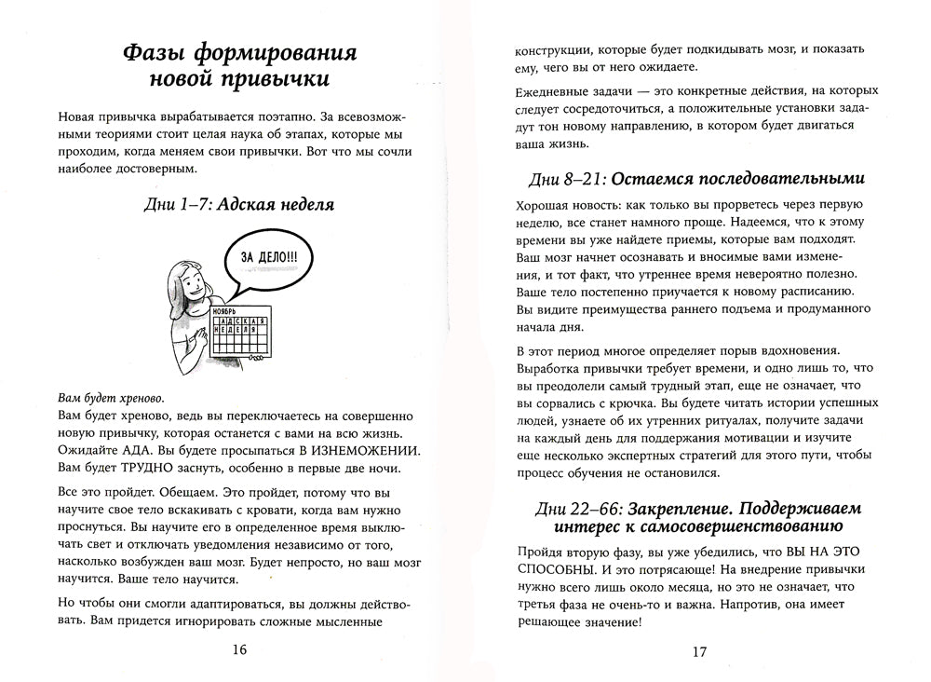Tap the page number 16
(237, 649)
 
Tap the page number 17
(700, 650)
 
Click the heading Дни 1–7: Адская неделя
(238, 203)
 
